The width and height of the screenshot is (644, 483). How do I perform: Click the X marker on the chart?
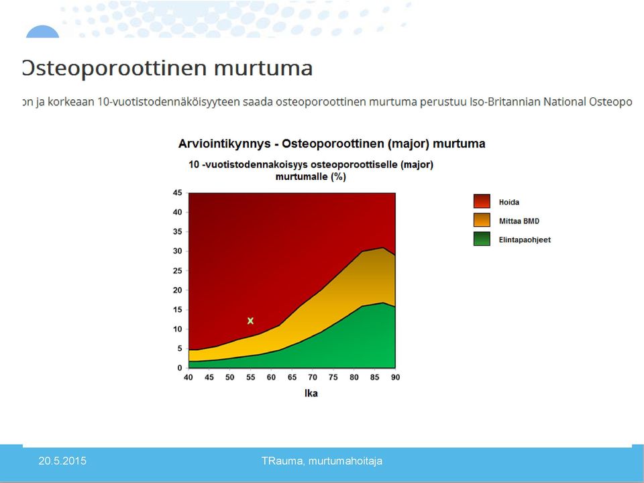pyautogui.click(x=250, y=321)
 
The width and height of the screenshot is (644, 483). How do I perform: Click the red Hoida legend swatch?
pyautogui.click(x=482, y=201)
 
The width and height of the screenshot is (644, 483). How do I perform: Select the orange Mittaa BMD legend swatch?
pyautogui.click(x=482, y=220)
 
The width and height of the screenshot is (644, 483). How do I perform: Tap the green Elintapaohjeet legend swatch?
pyautogui.click(x=482, y=239)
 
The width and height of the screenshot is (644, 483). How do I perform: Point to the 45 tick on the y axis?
pyautogui.click(x=177, y=193)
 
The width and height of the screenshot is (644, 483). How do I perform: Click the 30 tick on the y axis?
pyautogui.click(x=177, y=251)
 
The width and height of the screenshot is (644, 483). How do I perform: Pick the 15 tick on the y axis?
pyautogui.click(x=177, y=310)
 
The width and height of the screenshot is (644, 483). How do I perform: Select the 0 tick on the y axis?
pyautogui.click(x=180, y=368)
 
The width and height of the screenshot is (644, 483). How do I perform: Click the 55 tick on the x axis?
pyautogui.click(x=250, y=377)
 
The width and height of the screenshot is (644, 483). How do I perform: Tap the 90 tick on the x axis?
pyautogui.click(x=395, y=377)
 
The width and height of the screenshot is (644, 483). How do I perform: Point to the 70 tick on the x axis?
pyautogui.click(x=313, y=377)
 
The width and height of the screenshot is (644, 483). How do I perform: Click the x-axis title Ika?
pyautogui.click(x=311, y=394)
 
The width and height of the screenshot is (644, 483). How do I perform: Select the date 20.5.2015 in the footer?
pyautogui.click(x=62, y=461)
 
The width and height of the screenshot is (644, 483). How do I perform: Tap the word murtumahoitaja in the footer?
pyautogui.click(x=345, y=461)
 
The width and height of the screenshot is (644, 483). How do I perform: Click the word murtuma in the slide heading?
pyautogui.click(x=263, y=68)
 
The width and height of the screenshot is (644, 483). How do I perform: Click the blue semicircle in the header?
pyautogui.click(x=42, y=32)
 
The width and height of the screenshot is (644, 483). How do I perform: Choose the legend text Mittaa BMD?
pyautogui.click(x=519, y=221)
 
